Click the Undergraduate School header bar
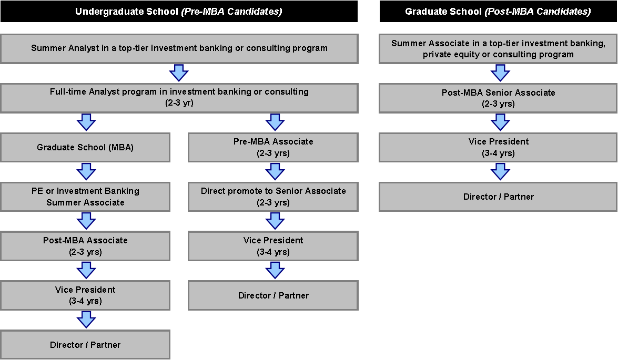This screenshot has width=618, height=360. click(179, 11)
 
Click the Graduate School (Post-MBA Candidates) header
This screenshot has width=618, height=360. click(498, 11)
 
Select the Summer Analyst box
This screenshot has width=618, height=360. click(179, 48)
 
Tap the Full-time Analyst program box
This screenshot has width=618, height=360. click(179, 98)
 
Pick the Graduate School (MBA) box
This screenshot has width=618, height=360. click(85, 147)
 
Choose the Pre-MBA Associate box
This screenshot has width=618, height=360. click(273, 147)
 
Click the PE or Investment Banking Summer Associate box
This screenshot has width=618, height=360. click(85, 197)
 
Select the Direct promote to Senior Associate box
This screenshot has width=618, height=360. click(273, 197)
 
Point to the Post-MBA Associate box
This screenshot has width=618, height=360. click(85, 246)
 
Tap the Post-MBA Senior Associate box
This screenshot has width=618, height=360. click(498, 98)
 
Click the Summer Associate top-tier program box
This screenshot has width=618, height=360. click(498, 48)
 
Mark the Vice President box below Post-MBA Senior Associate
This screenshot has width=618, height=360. click(498, 147)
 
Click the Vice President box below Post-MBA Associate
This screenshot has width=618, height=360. click(85, 295)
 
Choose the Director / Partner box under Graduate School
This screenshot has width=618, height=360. click(498, 197)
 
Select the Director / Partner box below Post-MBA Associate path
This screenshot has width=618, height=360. click(85, 345)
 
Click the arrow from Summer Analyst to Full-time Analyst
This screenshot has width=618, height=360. click(178, 73)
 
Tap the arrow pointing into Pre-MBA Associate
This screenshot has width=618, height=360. click(275, 122)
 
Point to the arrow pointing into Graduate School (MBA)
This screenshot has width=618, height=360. click(86, 122)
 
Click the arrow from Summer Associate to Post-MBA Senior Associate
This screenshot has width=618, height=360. click(500, 73)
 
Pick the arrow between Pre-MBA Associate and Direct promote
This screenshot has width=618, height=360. click(275, 172)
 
